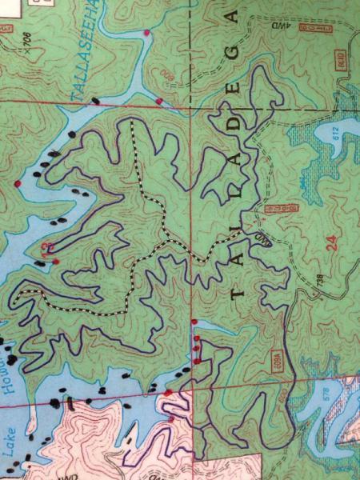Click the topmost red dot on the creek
tap(146, 32)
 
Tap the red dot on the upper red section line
tap(159, 101)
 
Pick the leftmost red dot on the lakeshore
tap(16, 184)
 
